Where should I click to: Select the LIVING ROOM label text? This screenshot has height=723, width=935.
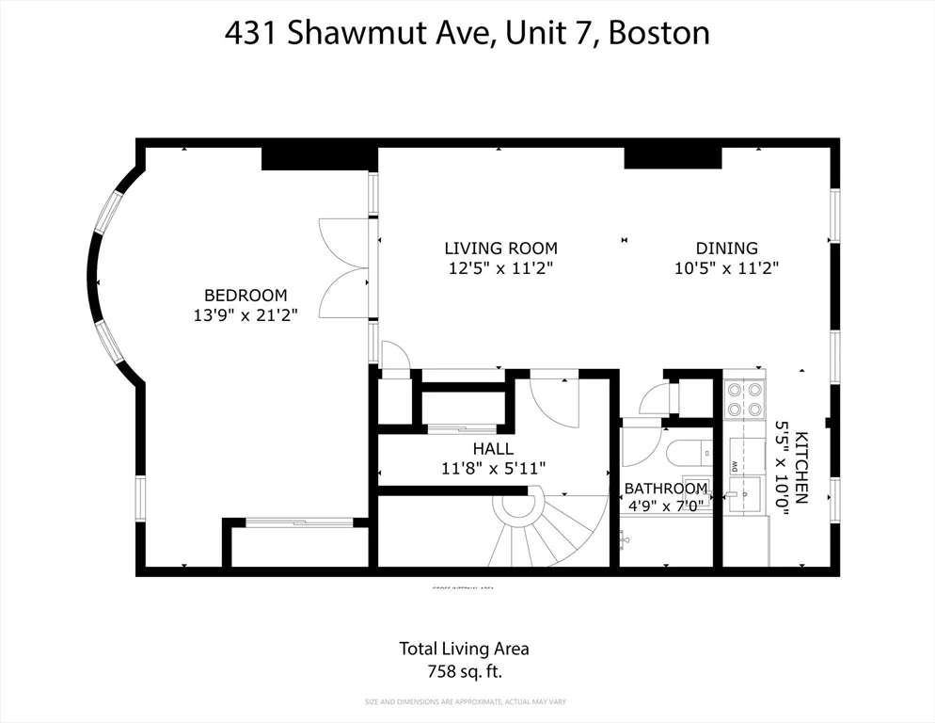(500, 249)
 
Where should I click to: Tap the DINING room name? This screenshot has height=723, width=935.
(726, 249)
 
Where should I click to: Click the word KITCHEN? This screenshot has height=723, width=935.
(801, 468)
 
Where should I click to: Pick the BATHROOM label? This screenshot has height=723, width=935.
(666, 489)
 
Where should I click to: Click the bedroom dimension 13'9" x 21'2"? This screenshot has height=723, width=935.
(245, 316)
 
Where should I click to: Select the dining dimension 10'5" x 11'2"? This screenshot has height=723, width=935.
(726, 269)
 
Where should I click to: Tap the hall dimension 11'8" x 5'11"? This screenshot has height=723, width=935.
(493, 468)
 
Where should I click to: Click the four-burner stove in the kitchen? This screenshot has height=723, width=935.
(745, 399)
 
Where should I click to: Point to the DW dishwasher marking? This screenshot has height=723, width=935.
(734, 465)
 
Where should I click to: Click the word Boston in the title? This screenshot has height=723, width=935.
(658, 34)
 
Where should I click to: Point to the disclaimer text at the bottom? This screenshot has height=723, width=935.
(465, 701)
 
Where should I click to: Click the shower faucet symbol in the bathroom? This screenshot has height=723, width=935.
(624, 539)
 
